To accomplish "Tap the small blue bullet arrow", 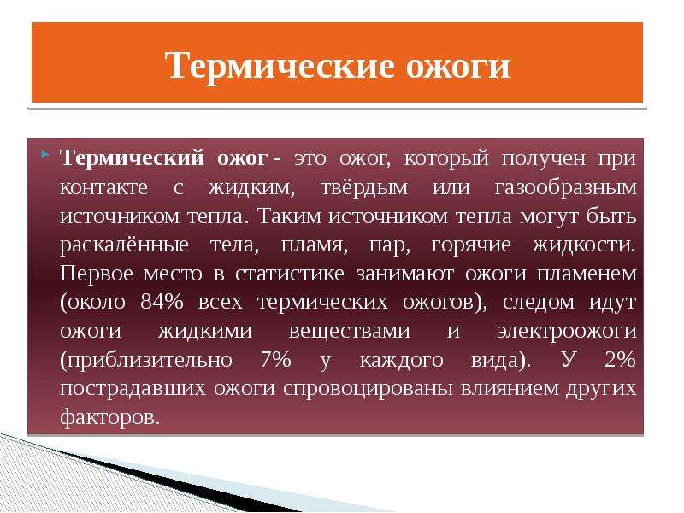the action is [x=46, y=154].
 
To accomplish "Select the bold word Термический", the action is [x=132, y=157].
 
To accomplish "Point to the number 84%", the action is [x=162, y=302].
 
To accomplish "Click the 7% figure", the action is [x=275, y=359].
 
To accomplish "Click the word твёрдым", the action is [x=364, y=187].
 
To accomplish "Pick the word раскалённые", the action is [x=124, y=245].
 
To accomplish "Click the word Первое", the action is [x=97, y=274].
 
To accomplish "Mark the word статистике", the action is [x=290, y=274].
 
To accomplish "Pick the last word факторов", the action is [x=109, y=418].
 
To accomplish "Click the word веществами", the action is [x=350, y=332].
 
